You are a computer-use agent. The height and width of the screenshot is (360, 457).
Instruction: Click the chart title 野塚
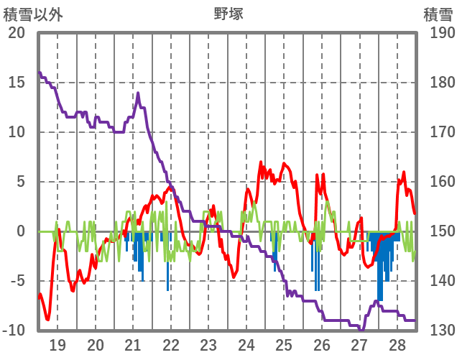point(228,14)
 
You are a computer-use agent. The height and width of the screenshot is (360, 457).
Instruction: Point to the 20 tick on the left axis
point(17,33)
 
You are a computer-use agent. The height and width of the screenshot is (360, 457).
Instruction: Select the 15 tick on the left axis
point(17,83)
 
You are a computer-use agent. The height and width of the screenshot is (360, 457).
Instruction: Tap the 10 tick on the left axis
point(17,132)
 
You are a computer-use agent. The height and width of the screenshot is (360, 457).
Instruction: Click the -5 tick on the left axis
point(17,281)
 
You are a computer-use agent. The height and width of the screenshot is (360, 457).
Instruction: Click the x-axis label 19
point(57,344)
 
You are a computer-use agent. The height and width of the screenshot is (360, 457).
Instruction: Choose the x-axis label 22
point(171,344)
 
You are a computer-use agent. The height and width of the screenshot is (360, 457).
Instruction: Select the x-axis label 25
point(285,344)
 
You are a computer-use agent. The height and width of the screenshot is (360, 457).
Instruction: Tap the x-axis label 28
point(397,344)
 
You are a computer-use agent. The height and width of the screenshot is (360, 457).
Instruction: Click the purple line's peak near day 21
point(138,93)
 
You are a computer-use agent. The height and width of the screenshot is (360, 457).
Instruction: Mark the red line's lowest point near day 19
point(47,319)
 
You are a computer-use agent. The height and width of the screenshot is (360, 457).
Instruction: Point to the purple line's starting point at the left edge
point(40,73)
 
